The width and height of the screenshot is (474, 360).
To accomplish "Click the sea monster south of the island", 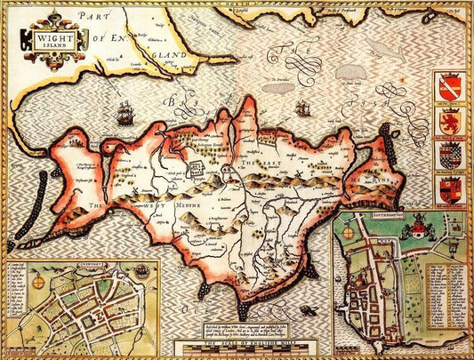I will (x=308, y=309).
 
